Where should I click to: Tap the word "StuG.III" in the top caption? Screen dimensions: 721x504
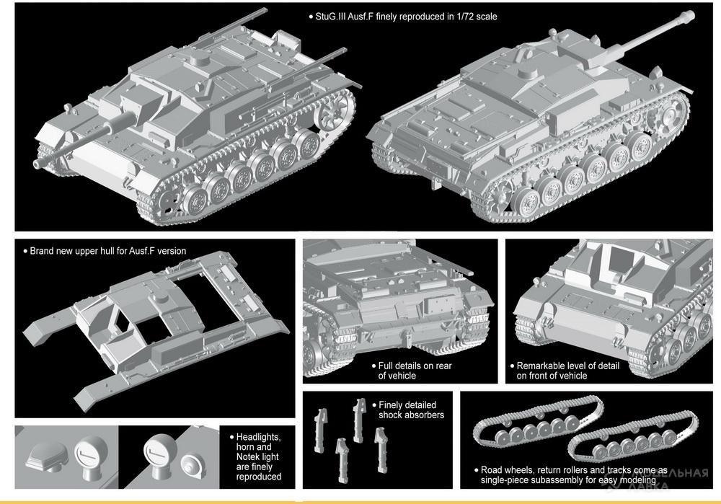pyautogui.click(x=331, y=17)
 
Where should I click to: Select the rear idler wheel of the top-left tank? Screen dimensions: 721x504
pyautogui.click(x=332, y=114)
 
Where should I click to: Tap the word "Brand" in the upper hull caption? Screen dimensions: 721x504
pyautogui.click(x=41, y=251)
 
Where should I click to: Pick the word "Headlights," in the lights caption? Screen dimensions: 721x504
pyautogui.click(x=258, y=437)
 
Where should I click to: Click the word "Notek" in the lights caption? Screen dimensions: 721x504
pyautogui.click(x=247, y=456)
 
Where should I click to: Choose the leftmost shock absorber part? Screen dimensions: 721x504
pyautogui.click(x=321, y=430)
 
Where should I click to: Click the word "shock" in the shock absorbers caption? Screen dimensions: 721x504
pyautogui.click(x=390, y=415)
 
